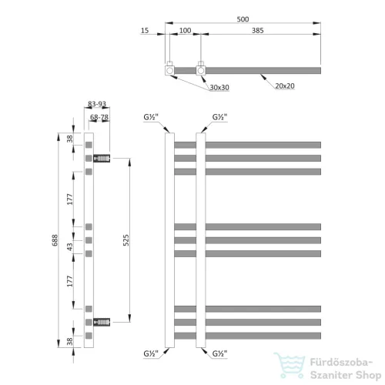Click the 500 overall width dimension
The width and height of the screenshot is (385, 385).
pos(243,19)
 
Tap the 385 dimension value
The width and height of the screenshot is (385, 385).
pos(258,31)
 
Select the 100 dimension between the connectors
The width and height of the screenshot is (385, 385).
pos(185,31)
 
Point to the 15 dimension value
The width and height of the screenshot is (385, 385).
pos(145,31)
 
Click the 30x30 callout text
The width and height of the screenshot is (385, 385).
pos(219,88)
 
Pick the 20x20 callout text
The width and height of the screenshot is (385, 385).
pos(285,86)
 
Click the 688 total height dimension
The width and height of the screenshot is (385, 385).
pos(55,240)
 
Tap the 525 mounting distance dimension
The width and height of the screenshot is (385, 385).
pos(126,240)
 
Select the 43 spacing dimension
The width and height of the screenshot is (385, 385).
pos(70,247)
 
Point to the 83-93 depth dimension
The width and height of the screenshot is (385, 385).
pos(97,104)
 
